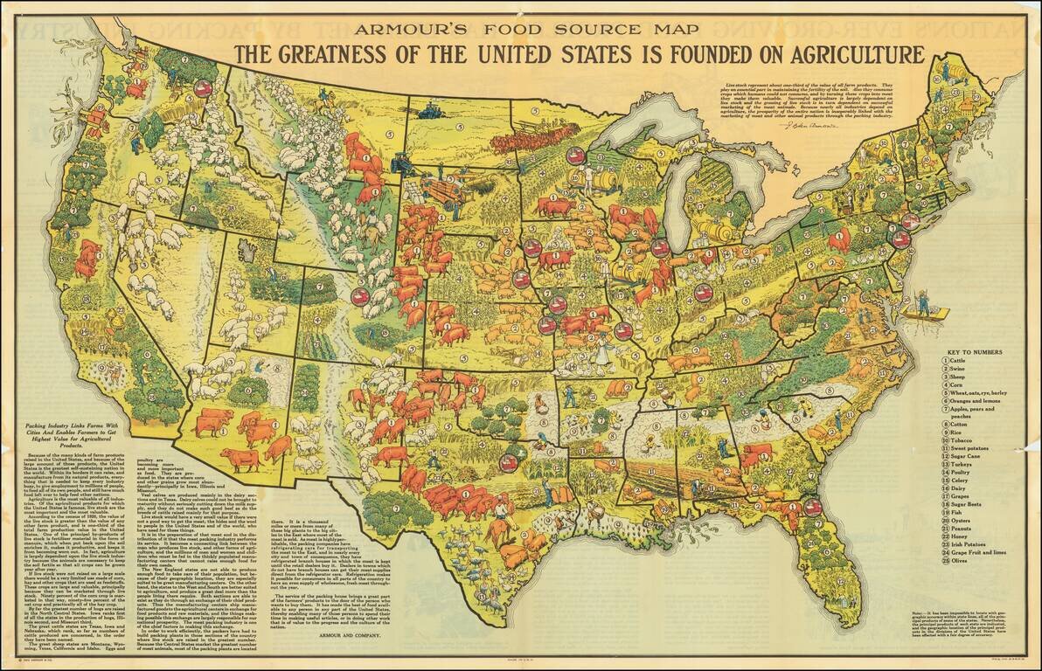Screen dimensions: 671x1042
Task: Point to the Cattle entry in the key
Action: (x=958, y=360)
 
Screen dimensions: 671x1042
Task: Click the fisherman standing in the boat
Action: (x=923, y=304)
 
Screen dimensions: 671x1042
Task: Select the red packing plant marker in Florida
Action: (x=812, y=507)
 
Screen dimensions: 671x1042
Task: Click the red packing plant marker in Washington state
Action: (x=203, y=88)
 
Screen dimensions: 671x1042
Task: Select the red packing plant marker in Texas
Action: (x=507, y=463)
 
